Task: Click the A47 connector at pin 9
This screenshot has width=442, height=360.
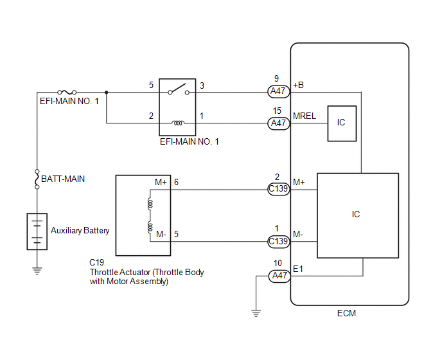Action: [x=279, y=91]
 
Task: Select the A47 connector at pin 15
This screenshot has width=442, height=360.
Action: [x=279, y=123]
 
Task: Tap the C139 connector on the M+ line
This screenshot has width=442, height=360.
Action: [x=279, y=189]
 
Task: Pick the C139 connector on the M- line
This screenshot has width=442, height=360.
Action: [x=279, y=242]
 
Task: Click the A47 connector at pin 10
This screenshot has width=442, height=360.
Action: [x=279, y=276]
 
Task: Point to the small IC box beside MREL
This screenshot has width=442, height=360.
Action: [x=342, y=123]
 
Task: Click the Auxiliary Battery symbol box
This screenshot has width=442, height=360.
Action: [x=37, y=231]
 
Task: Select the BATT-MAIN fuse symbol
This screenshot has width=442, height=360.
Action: [x=37, y=179]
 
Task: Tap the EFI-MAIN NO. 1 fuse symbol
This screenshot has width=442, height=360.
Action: [x=67, y=92]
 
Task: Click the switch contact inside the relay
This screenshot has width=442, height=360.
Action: [x=179, y=89]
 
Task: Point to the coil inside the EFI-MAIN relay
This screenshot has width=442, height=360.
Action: [x=178, y=123]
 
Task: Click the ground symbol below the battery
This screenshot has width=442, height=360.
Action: [x=37, y=271]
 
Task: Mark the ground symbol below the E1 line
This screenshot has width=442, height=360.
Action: [x=256, y=313]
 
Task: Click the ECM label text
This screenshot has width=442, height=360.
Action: [x=346, y=314]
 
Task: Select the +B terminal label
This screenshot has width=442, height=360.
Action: [x=299, y=85]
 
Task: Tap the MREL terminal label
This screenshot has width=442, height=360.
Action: [x=305, y=116]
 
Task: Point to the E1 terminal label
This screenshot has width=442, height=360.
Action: [x=298, y=269]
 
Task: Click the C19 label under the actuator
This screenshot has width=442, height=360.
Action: [x=96, y=263]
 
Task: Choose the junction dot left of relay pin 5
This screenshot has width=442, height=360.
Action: [x=106, y=93]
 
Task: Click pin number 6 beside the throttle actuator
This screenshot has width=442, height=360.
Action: [x=176, y=183]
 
